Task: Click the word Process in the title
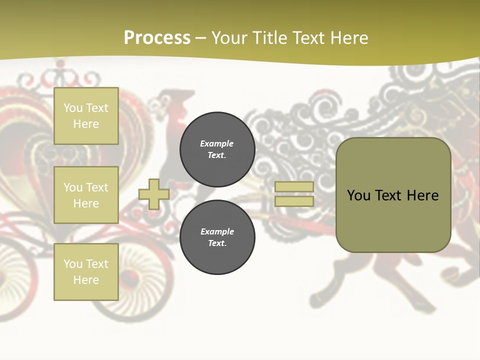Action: coord(157,38)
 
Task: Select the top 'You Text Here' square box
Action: coord(86,116)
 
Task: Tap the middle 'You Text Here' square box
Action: coord(86,195)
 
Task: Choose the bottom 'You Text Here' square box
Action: coord(86,272)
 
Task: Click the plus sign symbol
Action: coord(154,194)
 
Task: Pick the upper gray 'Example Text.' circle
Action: coord(217,149)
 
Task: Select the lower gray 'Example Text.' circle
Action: coord(217,237)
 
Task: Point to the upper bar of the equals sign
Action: coord(294,187)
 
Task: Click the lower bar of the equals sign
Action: coord(294,201)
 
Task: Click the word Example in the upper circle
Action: coord(216,143)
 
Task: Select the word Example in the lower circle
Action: coord(217,231)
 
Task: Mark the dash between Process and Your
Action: coord(201,38)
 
